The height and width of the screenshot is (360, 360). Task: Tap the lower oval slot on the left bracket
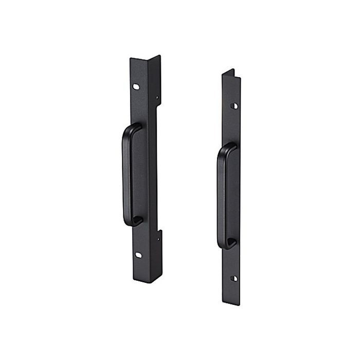pos(139,254)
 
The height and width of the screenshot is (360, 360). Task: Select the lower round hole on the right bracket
pos(235,278)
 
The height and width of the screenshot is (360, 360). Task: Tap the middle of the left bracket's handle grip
pos(125,175)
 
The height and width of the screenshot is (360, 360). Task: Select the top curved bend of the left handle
pos(131,129)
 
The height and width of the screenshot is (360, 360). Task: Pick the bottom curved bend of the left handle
pos(132,221)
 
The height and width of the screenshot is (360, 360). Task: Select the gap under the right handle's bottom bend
pos(230,241)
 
